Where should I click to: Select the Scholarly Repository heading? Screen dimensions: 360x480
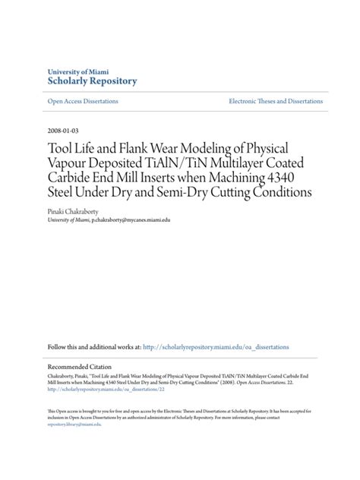[92, 81]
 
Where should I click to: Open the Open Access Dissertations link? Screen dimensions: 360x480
[85, 102]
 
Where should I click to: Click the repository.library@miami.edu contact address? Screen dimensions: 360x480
[74, 425]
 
